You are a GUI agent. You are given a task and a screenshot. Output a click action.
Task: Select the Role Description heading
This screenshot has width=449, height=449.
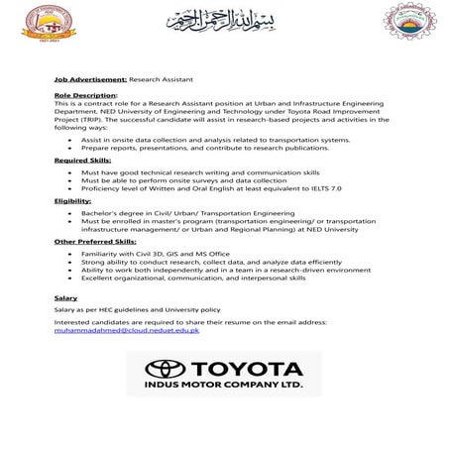[x=85, y=95]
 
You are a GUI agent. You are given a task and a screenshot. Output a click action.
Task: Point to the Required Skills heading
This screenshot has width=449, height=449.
[x=83, y=158]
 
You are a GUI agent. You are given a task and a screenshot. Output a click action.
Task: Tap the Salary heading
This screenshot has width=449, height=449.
[x=65, y=296]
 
